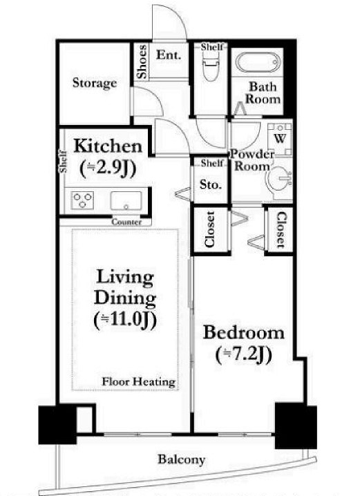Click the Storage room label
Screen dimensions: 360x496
pyautogui.click(x=95, y=83)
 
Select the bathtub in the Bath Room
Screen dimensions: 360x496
pyautogui.click(x=258, y=63)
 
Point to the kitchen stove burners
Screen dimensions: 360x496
pyautogui.click(x=82, y=200)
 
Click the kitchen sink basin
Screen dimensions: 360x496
pyautogui.click(x=126, y=200)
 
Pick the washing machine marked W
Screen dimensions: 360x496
pyautogui.click(x=280, y=139)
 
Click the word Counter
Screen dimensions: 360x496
pyautogui.click(x=126, y=222)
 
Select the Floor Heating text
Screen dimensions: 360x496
pyautogui.click(x=139, y=382)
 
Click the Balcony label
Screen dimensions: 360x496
pyautogui.click(x=182, y=459)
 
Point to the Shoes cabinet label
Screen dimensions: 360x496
pyautogui.click(x=142, y=61)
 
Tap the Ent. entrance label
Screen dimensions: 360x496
pyautogui.click(x=169, y=55)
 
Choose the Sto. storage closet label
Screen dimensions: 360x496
pyautogui.click(x=211, y=184)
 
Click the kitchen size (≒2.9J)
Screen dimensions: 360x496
pyautogui.click(x=108, y=169)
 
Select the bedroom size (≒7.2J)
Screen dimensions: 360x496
pyautogui.click(x=244, y=355)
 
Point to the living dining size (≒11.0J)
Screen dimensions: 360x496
pyautogui.click(x=126, y=320)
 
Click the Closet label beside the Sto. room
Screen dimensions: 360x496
pyautogui.click(x=210, y=229)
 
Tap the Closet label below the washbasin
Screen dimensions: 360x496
pyautogui.click(x=281, y=229)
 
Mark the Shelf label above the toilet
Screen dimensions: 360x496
pyautogui.click(x=211, y=47)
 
